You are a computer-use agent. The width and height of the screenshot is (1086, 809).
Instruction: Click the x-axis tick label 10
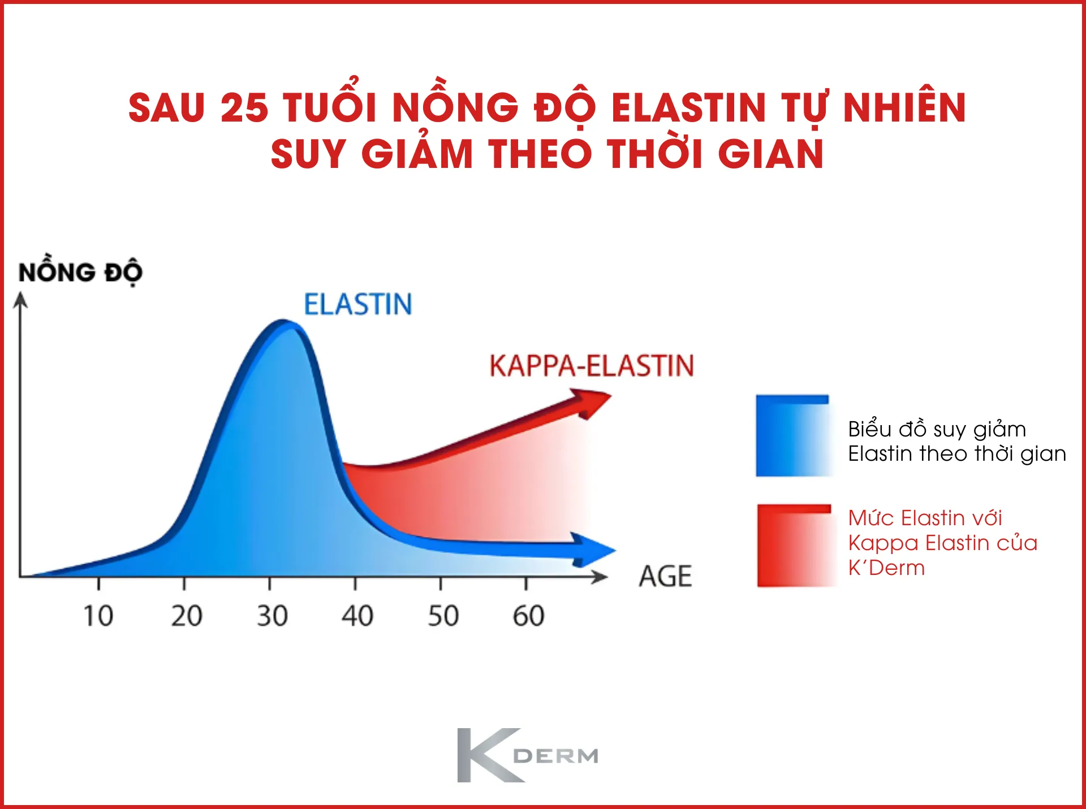coord(98,616)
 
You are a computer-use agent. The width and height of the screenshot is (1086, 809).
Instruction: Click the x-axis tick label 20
coord(187,616)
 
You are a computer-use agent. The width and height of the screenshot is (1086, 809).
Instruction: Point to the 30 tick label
coord(272,616)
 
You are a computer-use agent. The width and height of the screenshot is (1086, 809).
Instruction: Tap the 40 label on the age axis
coord(357,616)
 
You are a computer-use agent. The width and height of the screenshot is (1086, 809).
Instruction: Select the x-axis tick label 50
coord(443,616)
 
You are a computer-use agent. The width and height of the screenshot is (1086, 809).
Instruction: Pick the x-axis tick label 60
coord(528,616)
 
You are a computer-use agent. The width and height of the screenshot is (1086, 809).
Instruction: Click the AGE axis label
coord(665,577)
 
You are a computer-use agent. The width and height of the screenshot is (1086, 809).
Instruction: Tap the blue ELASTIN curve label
coord(358,304)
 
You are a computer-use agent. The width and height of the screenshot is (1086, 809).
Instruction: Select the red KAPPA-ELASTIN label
coord(592,366)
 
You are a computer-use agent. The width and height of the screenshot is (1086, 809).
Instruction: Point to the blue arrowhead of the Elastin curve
coord(594,550)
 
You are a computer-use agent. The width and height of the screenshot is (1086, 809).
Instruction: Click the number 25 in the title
coord(244,107)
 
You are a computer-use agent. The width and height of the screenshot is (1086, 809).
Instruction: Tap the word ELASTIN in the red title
coord(688,107)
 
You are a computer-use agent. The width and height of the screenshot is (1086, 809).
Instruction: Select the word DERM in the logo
coord(555,756)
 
